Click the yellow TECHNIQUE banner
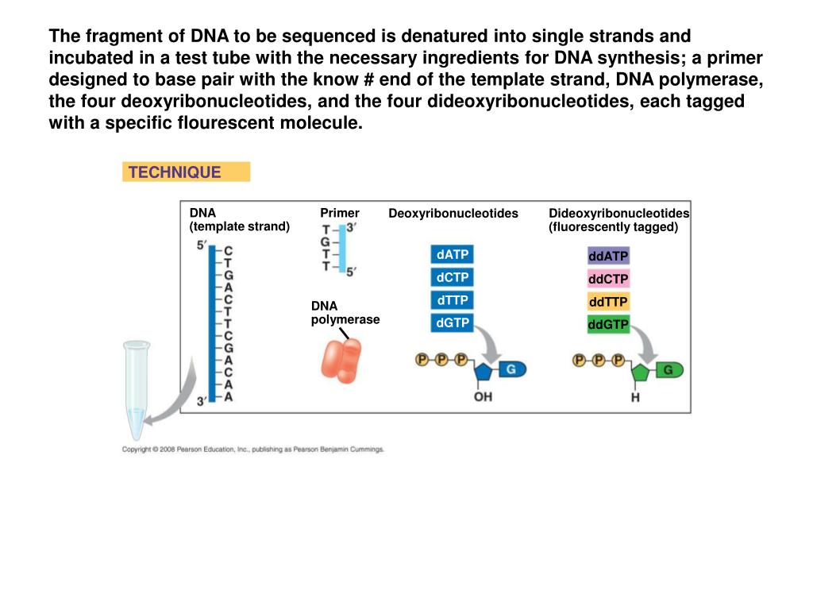(x=186, y=172)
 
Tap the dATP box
(x=452, y=255)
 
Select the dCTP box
(x=452, y=277)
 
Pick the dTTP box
(x=452, y=300)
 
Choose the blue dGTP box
(x=452, y=323)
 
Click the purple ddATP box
(x=608, y=256)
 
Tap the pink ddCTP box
(x=608, y=279)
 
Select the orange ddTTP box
(x=608, y=302)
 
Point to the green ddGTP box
(x=608, y=325)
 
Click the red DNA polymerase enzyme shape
(x=341, y=361)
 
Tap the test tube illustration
(x=137, y=389)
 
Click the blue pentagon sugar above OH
(x=484, y=372)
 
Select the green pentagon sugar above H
(x=641, y=373)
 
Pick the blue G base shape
(x=512, y=369)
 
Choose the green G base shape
(x=669, y=370)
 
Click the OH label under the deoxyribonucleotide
(x=483, y=397)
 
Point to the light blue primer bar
(x=342, y=249)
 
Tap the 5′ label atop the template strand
(x=202, y=245)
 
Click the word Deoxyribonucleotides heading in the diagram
(x=453, y=213)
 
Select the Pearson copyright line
(x=253, y=450)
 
